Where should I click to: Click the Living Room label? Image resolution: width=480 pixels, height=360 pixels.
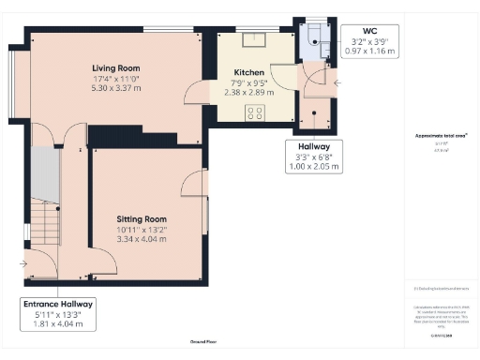click(x=116, y=68)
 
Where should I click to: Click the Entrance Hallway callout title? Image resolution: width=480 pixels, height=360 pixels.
click(x=58, y=304)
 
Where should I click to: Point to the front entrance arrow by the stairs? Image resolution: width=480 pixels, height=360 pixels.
click(x=22, y=263)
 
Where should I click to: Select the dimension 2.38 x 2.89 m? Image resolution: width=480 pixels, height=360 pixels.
click(x=248, y=93)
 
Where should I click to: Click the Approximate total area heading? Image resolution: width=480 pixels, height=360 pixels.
click(x=441, y=136)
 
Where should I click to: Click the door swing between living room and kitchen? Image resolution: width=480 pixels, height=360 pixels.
click(x=193, y=92)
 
